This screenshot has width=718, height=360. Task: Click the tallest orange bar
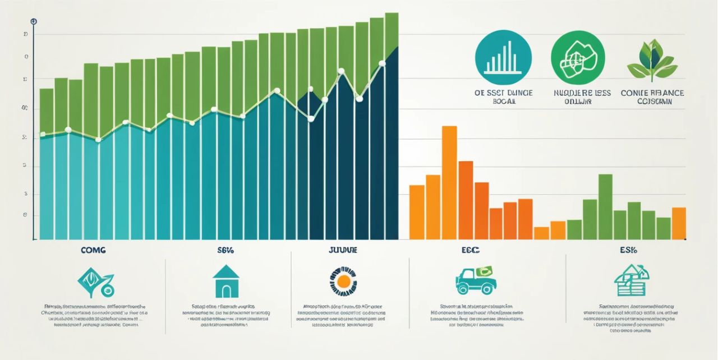point(449,182)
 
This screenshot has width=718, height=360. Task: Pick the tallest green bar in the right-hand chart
point(605,206)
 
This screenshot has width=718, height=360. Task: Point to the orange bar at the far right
point(679,223)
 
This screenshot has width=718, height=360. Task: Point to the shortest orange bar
point(541,233)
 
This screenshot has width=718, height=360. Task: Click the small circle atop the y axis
point(34,21)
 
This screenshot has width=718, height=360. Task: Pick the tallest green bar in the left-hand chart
point(392,34)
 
